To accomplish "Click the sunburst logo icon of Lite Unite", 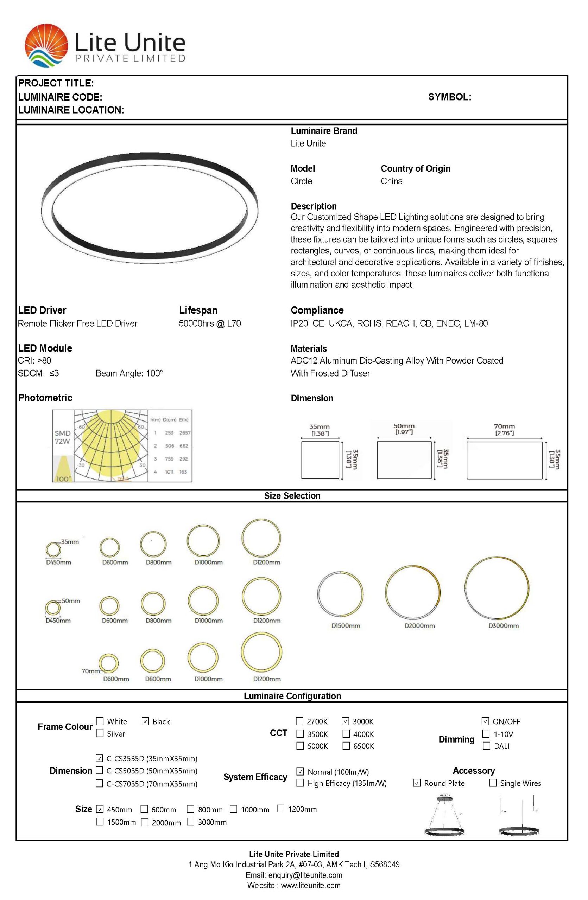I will tap(46, 45).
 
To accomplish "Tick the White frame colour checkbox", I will tap(100, 721).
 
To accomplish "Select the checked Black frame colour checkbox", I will tap(145, 721).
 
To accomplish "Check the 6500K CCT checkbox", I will tap(346, 745).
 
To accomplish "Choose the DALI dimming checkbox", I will tap(487, 745).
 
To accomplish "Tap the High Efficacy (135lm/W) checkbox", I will tap(300, 782).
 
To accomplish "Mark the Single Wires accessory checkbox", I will tap(493, 782).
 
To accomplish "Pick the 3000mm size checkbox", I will tap(191, 821).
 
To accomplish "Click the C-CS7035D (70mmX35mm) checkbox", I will tap(100, 783).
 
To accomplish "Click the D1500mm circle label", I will tap(346, 625).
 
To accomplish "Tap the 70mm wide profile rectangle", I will tap(504, 460).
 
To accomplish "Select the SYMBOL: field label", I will tap(449, 97).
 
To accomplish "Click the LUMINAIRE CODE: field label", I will tap(60, 97).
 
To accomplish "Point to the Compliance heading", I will tap(317, 310).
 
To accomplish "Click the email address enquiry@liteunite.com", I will tap(305, 875).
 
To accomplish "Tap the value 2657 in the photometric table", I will tap(185, 433).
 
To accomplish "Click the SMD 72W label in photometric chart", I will tap(62, 437).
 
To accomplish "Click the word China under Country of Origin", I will tap(392, 181).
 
